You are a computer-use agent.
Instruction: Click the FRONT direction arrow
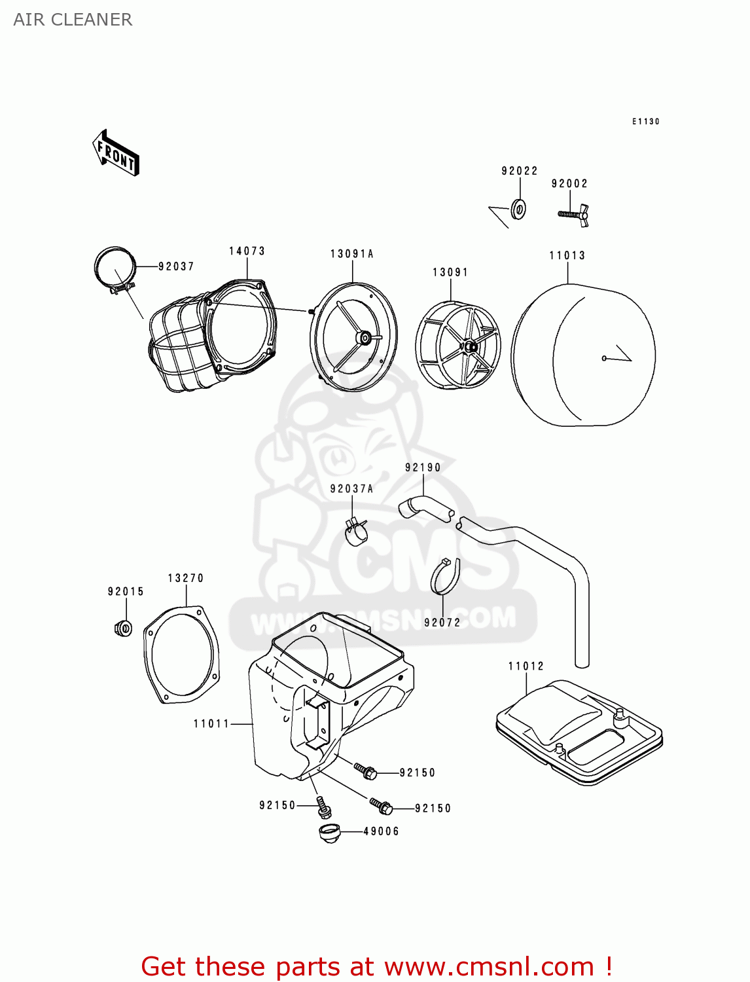point(116,153)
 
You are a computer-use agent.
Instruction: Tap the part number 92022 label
point(520,171)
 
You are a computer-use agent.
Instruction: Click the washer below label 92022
point(518,209)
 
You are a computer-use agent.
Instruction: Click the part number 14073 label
point(247,251)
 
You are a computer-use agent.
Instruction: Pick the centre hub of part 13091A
point(362,337)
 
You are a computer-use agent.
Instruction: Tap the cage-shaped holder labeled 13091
point(457,345)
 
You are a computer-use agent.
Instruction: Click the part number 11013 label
point(567,255)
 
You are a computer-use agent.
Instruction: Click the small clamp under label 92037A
point(356,531)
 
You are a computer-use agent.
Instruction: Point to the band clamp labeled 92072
point(445,577)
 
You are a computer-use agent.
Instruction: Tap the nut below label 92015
point(123,628)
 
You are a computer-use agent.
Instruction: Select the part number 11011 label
point(211,723)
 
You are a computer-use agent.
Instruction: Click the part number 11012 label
point(526,666)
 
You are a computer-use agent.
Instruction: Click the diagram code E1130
point(645,122)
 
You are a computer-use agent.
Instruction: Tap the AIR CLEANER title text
point(73,20)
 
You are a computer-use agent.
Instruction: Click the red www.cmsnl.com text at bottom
point(490,966)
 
